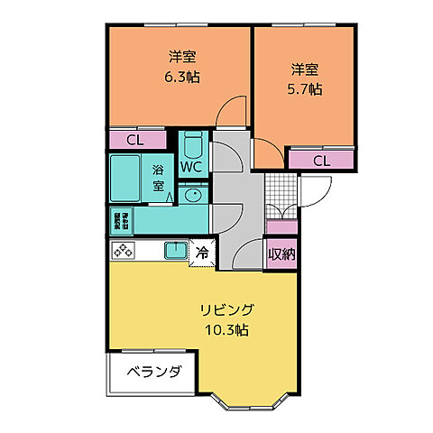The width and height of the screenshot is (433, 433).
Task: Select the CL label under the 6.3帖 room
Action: point(134,140)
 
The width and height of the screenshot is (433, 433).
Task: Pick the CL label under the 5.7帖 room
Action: point(321,161)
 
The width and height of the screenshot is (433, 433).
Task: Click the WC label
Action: point(191,167)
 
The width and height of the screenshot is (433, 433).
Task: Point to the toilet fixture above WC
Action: point(191,143)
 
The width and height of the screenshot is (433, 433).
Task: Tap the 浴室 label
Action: point(158,178)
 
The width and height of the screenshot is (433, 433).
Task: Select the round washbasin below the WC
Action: point(191,193)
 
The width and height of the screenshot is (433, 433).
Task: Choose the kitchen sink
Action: point(174,250)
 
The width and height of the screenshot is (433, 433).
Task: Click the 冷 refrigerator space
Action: point(202,253)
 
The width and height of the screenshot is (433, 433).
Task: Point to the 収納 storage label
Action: point(281,253)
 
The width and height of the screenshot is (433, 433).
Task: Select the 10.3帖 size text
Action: point(226,329)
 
